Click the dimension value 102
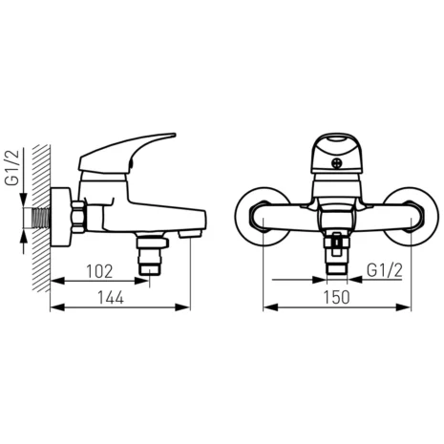click(99, 271)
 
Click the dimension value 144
click(111, 298)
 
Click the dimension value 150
click(337, 298)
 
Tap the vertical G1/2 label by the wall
click(12, 167)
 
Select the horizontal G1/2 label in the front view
click(385, 271)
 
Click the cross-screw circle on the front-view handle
click(336, 163)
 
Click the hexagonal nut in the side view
click(77, 217)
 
